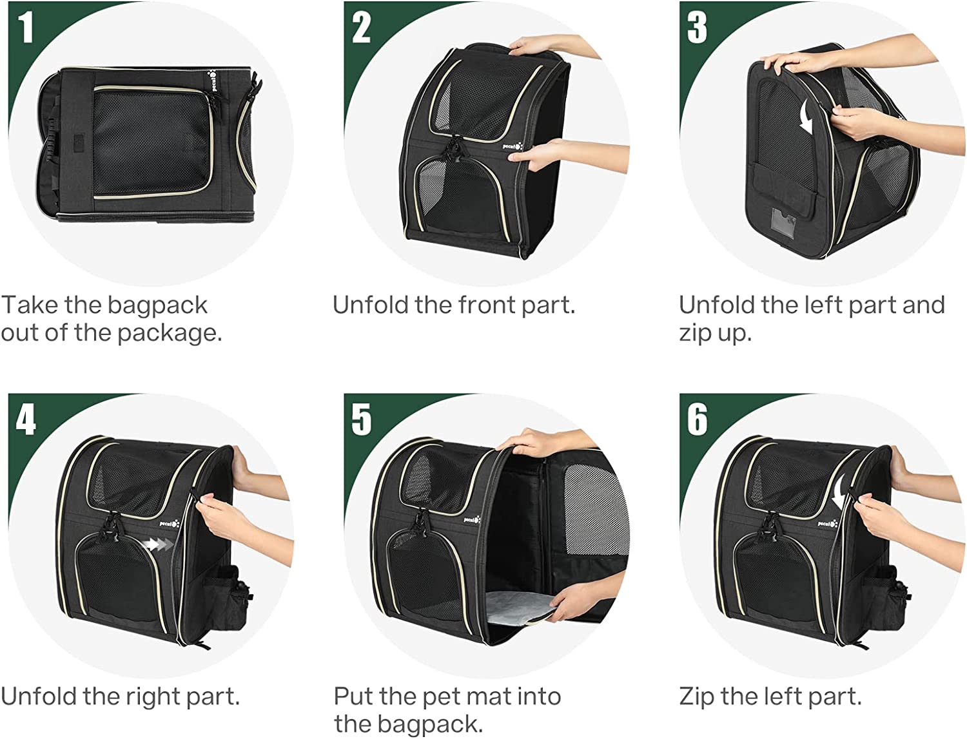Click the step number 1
(x=26, y=27)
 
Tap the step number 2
(x=361, y=27)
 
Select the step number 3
(x=697, y=27)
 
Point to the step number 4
(x=26, y=419)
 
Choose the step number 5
(x=361, y=419)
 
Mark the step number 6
(x=698, y=419)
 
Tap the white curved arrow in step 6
(x=839, y=492)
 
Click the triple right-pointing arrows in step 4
(x=159, y=544)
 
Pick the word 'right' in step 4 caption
(x=152, y=697)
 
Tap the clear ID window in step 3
(x=785, y=223)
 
